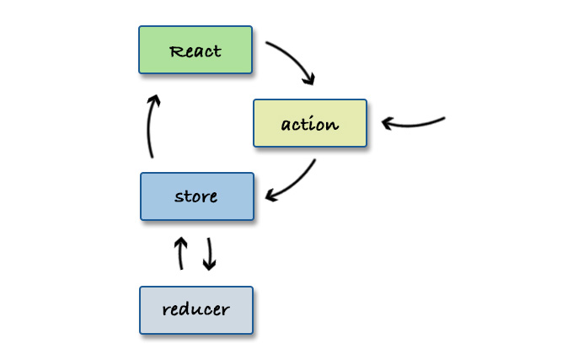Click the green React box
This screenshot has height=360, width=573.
195,50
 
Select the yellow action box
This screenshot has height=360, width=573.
310,123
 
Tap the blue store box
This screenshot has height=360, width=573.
196,196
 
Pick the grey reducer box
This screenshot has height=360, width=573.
195,309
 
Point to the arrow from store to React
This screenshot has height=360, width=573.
149,126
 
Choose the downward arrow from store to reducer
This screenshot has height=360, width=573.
209,253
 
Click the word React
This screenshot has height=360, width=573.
195,51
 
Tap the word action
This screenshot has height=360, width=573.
310,124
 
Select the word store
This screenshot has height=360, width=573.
196,197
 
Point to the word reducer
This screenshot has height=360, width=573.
195,309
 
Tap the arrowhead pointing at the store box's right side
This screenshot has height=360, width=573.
270,196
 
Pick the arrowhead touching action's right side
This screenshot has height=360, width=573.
388,123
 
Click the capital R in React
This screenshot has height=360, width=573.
176,51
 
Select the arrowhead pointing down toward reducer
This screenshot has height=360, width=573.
210,265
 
